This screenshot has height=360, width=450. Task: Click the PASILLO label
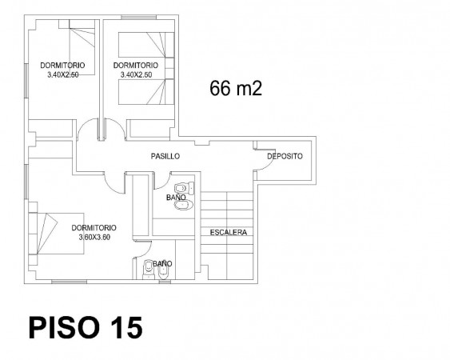[165, 156]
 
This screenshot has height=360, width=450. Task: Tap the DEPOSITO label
[285, 156]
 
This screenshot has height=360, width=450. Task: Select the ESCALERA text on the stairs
[229, 233]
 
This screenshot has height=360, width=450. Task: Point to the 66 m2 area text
[236, 88]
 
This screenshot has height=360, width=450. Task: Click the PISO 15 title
[86, 328]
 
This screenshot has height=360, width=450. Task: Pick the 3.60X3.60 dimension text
[94, 238]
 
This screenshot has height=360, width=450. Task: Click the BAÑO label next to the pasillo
[176, 198]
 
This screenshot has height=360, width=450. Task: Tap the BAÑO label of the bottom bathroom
[162, 263]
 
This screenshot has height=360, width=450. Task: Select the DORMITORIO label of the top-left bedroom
[62, 66]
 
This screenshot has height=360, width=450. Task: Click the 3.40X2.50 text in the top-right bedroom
[136, 75]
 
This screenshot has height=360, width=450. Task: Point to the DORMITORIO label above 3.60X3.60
[94, 228]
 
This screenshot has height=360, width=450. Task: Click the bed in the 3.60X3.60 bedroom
[57, 234]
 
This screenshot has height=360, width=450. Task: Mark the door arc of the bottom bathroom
[146, 250]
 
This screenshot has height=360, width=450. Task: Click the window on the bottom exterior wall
[70, 282]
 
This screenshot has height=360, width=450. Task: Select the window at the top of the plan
[138, 18]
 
